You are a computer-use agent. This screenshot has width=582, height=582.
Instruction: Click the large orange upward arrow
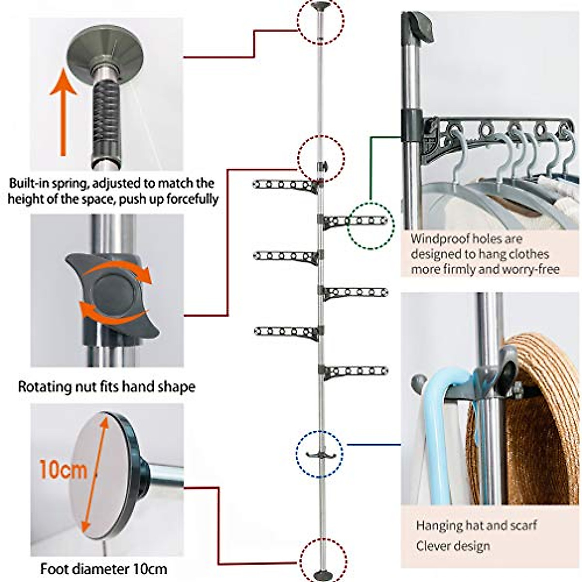pos(63,112)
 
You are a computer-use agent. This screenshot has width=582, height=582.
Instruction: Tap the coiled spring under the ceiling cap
pos(107,115)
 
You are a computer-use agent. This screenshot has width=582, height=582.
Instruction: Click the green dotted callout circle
pos(371,226)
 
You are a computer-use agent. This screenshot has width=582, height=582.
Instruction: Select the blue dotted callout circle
pos(319,454)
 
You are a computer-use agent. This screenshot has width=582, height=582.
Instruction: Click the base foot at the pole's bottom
pos(322,573)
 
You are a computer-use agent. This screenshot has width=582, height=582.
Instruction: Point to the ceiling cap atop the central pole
pos(320,5)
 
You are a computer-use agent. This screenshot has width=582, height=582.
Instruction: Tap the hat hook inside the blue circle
pos(319,454)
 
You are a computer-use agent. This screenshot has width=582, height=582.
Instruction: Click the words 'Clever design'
pos(453,546)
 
